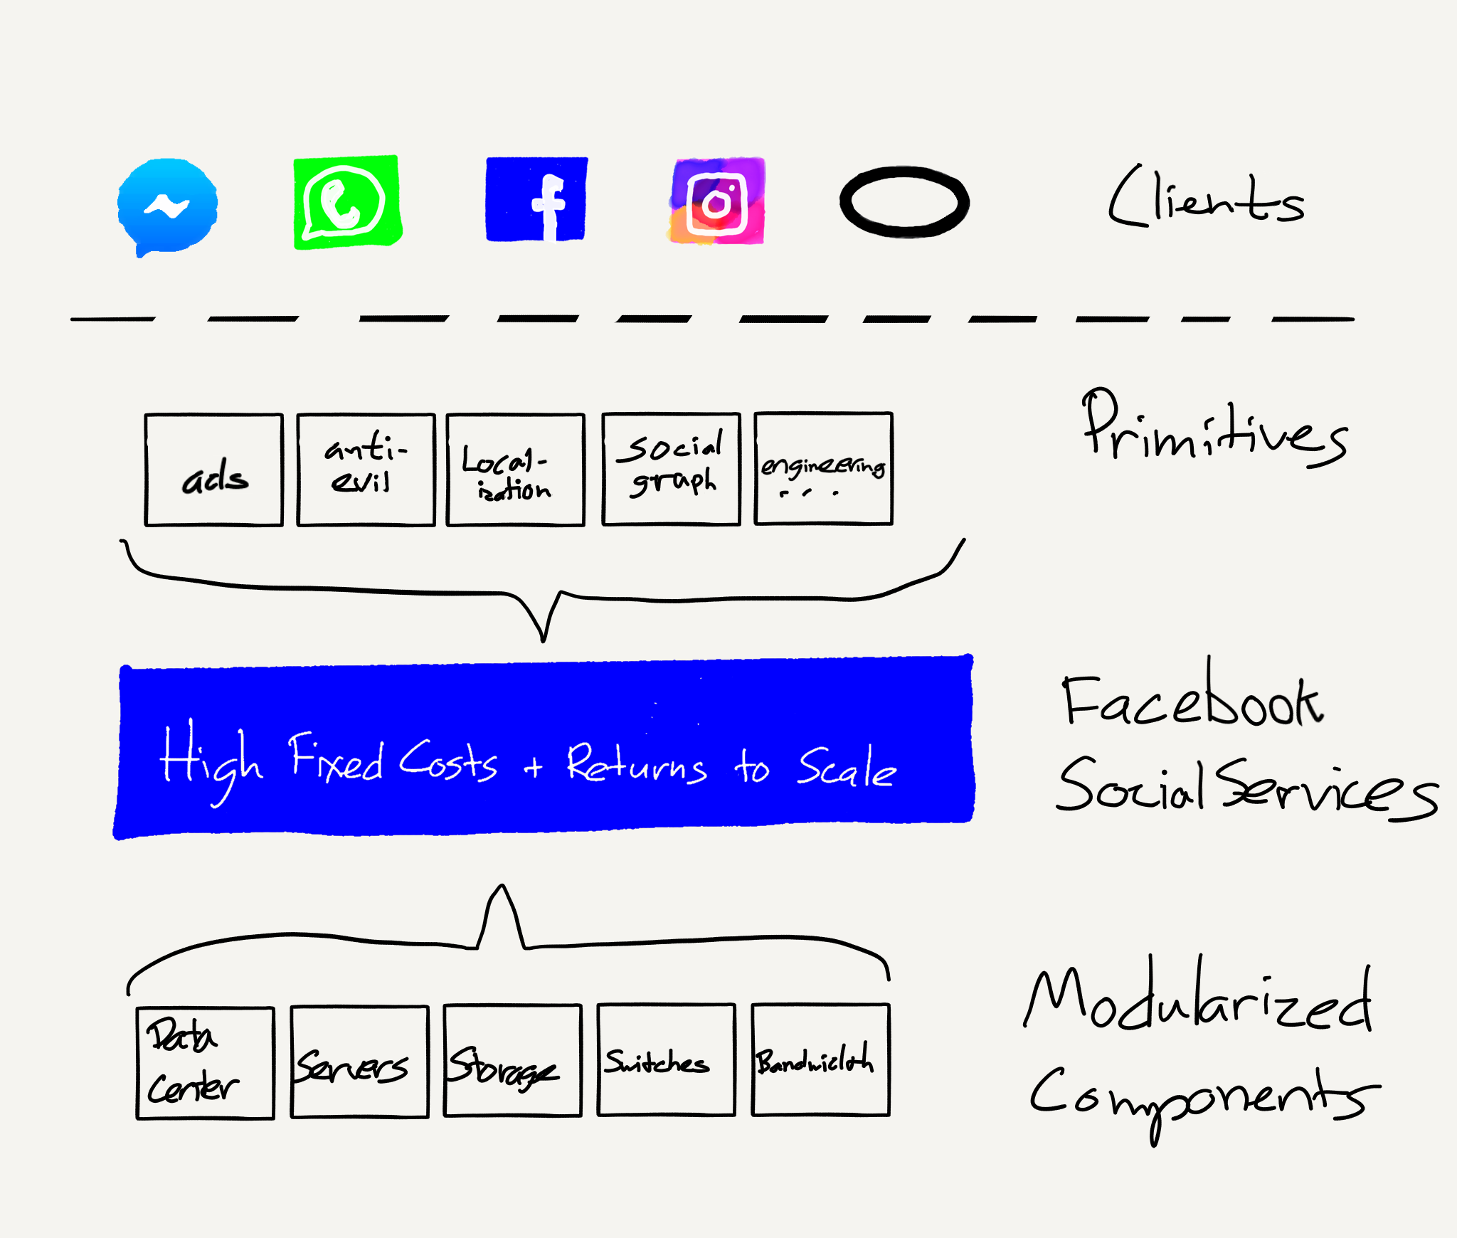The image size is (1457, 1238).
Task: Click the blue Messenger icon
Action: [168, 207]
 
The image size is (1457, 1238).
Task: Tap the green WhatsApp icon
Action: [348, 202]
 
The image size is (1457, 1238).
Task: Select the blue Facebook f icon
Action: [536, 199]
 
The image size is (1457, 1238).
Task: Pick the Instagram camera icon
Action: [717, 201]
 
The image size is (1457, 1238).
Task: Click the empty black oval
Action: [904, 202]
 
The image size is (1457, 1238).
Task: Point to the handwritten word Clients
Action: [1207, 196]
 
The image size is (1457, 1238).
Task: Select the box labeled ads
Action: [213, 470]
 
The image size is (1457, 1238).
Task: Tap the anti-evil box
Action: [366, 470]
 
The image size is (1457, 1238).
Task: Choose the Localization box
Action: [516, 470]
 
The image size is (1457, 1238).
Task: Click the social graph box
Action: [672, 469]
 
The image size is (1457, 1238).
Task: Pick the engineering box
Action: [824, 468]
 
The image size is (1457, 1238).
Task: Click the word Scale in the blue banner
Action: [847, 767]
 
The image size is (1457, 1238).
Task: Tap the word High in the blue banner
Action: [211, 761]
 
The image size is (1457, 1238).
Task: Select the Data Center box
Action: [206, 1063]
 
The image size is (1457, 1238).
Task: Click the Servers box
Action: [360, 1062]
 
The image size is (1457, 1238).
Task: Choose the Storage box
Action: [513, 1061]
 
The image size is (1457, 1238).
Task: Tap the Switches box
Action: [667, 1060]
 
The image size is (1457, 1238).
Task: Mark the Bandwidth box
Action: [821, 1059]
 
